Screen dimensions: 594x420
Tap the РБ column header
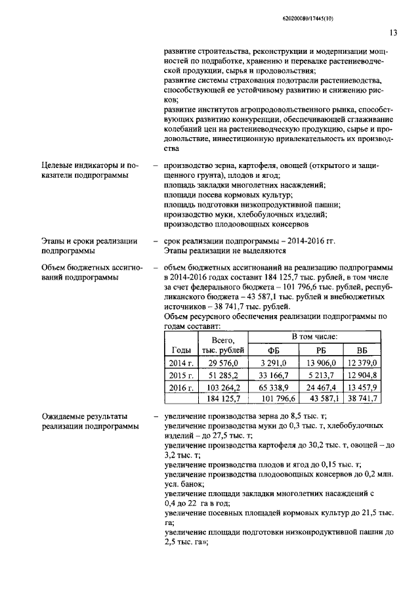[x=321, y=350]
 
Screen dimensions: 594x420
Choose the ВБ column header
[x=362, y=350]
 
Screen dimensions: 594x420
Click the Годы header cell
[x=180, y=350]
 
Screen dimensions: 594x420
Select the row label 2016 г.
[x=180, y=388]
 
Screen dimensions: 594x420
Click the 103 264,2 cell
[x=224, y=388]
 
